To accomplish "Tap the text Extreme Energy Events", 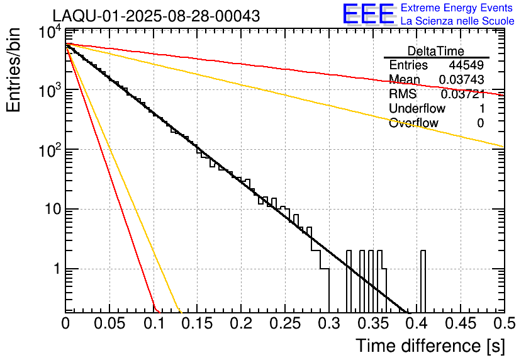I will (457, 8).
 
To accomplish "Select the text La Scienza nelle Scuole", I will (457, 21).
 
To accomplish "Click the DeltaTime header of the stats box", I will (436, 51).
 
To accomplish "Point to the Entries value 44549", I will (466, 65).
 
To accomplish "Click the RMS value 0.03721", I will (462, 94).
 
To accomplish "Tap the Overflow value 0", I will (480, 123).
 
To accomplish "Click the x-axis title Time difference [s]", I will (430, 346).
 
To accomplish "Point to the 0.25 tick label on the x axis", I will (284, 323).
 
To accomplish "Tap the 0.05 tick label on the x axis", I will (109, 323).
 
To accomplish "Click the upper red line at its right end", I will (502, 95).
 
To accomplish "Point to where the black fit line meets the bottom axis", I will (408, 312).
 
